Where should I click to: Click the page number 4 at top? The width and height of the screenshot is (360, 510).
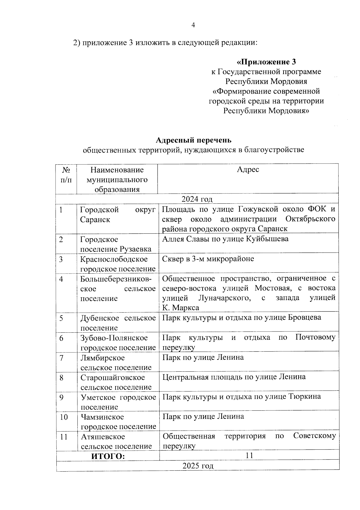pos(193,25)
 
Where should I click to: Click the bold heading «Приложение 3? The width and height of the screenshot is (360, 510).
pos(266,62)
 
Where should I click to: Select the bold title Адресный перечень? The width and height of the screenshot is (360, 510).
pos(193,140)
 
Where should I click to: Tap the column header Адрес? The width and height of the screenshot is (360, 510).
pos(248,170)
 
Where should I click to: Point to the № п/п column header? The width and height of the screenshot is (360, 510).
pos(66,175)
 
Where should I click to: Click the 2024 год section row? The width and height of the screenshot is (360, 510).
pos(197,199)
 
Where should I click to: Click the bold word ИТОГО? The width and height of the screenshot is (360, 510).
pos(108,456)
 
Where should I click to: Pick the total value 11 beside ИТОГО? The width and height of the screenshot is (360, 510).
pos(249,456)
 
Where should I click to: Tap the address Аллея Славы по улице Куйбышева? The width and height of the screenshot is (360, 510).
pos(225,239)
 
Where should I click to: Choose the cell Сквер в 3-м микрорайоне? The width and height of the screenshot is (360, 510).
pos(208,259)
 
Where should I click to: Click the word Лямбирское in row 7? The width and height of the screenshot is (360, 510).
pos(102,358)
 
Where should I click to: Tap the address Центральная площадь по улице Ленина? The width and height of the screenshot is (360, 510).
pos(234,377)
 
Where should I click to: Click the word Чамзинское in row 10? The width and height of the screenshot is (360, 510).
pos(102,417)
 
